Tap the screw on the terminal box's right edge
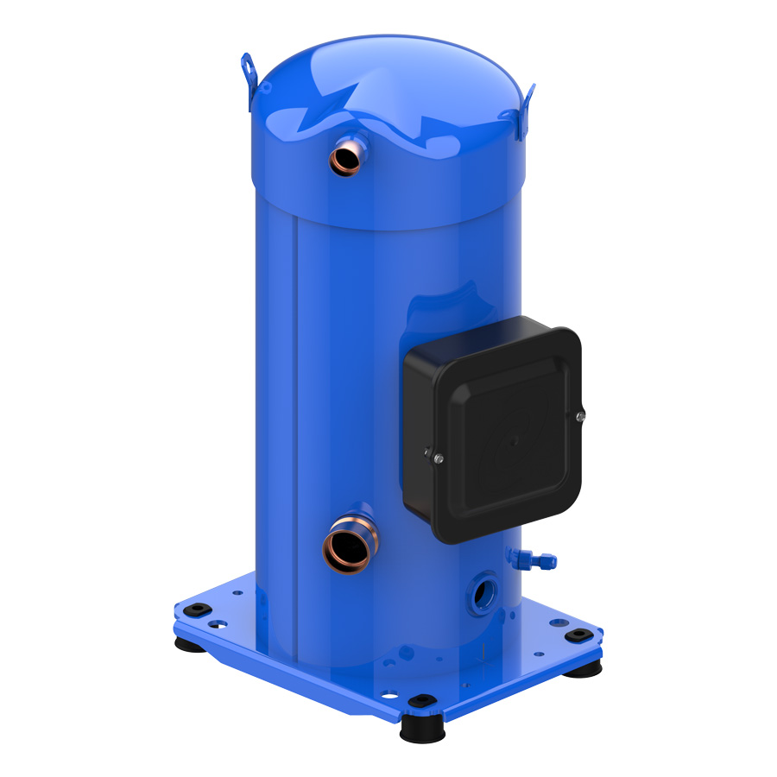578,416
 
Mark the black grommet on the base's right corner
576,635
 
